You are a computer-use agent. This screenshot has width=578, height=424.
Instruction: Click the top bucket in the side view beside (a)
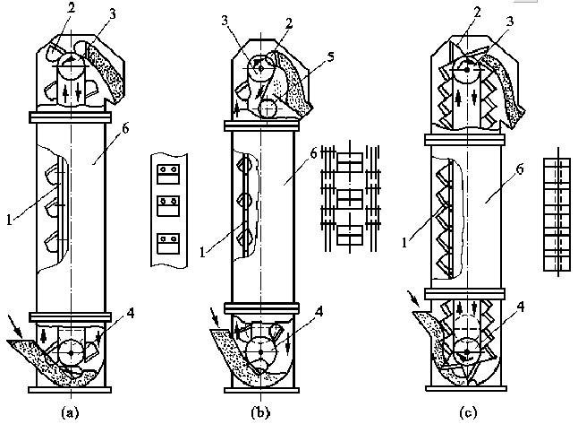point(166,170)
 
